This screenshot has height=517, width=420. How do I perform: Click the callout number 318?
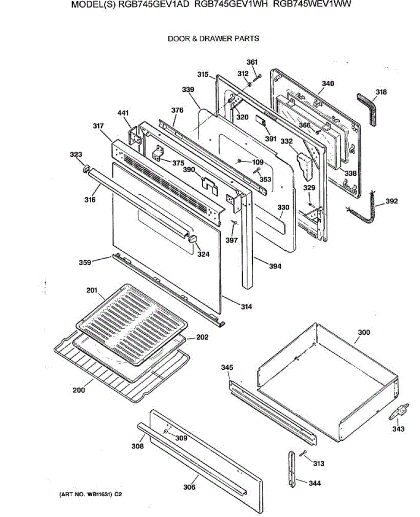click(381, 92)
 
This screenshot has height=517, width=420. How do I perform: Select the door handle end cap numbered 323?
click(85, 168)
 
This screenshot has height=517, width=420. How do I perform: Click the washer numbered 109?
click(238, 162)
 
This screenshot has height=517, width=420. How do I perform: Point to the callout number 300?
click(364, 333)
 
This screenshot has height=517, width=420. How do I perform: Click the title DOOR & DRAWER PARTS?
click(213, 38)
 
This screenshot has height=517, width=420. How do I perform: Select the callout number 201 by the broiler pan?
click(91, 290)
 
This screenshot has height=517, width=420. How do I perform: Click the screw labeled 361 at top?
click(258, 77)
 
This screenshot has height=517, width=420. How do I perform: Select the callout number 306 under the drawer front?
click(189, 487)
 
